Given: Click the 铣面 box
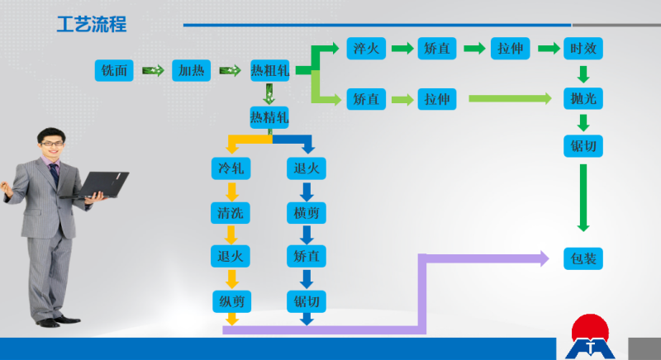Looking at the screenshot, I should [114, 70].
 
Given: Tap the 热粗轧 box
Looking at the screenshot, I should [270, 70].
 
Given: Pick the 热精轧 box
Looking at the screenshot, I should [269, 117].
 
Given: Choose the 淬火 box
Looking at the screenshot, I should [364, 48].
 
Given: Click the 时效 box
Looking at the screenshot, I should [583, 48].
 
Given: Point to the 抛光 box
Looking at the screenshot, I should [583, 98].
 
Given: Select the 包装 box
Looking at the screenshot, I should [583, 258].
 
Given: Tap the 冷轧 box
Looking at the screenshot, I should [231, 169].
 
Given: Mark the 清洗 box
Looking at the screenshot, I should [231, 213].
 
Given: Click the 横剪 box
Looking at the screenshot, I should [306, 213].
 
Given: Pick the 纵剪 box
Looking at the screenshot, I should [231, 301].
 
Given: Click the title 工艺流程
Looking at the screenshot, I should [92, 25].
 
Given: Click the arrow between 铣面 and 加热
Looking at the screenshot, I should [153, 70].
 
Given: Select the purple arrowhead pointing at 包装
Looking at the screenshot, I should [543, 258].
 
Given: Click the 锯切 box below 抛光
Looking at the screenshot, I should [583, 146].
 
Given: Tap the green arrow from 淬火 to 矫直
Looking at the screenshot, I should [402, 49].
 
